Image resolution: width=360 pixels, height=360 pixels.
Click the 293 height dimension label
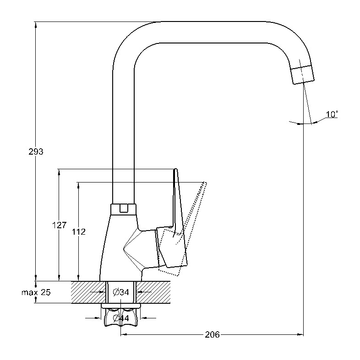coord(36,151)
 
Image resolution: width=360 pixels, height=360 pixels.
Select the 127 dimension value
coord(60,225)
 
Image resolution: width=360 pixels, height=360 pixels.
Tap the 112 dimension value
coord(79,232)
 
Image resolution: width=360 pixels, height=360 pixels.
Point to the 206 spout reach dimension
coord(211,335)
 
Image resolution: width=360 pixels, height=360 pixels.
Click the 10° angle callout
coord(332,114)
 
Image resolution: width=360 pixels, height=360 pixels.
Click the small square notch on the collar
coord(123,209)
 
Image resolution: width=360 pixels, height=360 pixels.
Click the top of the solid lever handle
coord(175,170)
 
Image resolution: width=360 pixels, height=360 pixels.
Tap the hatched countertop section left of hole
coord(87,292)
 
